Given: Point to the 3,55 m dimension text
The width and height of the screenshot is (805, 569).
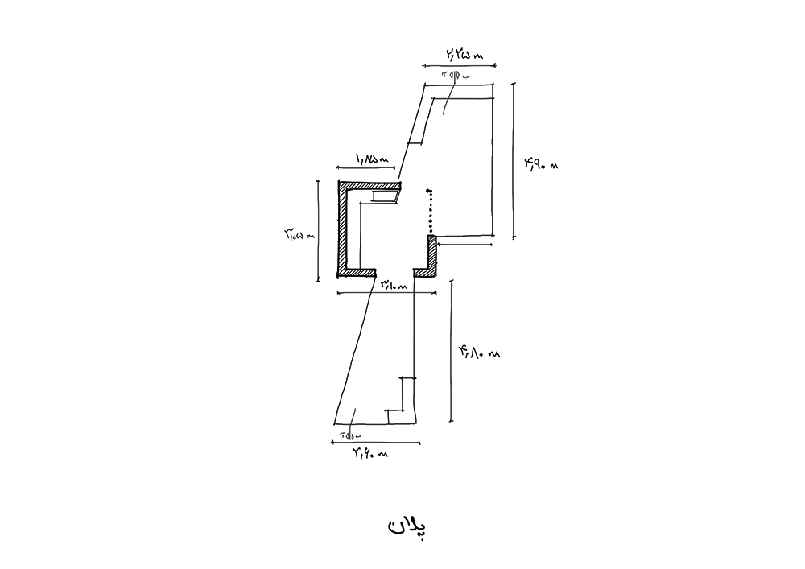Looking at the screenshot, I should (x=296, y=234).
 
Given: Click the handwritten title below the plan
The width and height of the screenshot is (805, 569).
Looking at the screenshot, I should (x=405, y=527).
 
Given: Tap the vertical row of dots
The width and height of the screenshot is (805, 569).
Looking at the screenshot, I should (x=431, y=211).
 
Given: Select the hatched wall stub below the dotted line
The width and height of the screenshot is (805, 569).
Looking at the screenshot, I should (x=432, y=254).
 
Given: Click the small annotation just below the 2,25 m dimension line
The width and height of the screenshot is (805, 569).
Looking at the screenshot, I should (x=454, y=76).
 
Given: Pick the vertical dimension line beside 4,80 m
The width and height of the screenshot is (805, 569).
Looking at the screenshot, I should (x=451, y=351).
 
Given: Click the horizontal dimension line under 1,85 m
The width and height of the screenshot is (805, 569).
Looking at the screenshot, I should (x=366, y=171).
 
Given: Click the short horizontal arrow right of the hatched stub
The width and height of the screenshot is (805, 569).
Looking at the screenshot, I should (x=466, y=245).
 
